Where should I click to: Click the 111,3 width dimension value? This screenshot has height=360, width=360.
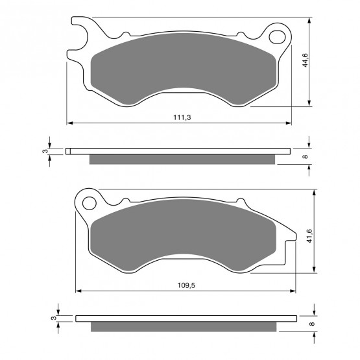tap(182, 117)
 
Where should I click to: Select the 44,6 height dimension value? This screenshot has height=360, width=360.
tap(305, 60)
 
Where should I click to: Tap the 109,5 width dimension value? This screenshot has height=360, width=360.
tap(186, 285)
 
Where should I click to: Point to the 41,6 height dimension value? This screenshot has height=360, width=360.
tap(309, 236)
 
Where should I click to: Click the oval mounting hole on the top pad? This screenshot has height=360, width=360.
tap(278, 37)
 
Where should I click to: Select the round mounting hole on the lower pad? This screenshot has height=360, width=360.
tap(89, 203)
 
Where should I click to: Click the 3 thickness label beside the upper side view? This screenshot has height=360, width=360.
tap(45, 151)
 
